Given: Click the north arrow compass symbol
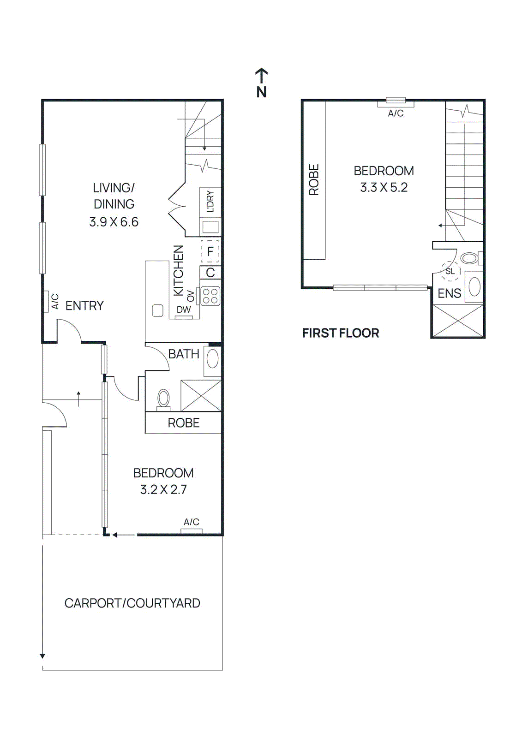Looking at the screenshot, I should pyautogui.click(x=261, y=83).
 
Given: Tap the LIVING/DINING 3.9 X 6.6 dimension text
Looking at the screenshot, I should pyautogui.click(x=114, y=222).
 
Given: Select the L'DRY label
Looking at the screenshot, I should pyautogui.click(x=210, y=202).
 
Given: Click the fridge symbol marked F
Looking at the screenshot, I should pyautogui.click(x=210, y=251).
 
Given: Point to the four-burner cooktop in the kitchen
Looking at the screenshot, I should pyautogui.click(x=210, y=296).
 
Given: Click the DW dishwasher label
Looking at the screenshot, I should pyautogui.click(x=184, y=309).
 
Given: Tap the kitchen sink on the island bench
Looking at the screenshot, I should pyautogui.click(x=158, y=310).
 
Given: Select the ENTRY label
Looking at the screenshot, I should pyautogui.click(x=84, y=305).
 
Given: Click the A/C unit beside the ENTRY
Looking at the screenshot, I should pyautogui.click(x=46, y=301).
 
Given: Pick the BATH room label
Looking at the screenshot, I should pyautogui.click(x=183, y=354).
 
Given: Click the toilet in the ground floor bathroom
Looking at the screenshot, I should pyautogui.click(x=163, y=399).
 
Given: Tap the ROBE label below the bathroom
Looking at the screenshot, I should pyautogui.click(x=183, y=423).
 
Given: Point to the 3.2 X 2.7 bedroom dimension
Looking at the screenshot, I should pyautogui.click(x=163, y=489).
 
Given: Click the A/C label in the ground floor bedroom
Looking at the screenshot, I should pyautogui.click(x=191, y=522).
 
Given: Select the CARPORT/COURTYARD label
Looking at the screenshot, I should pyautogui.click(x=132, y=603).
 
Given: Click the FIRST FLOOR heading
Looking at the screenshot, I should pyautogui.click(x=341, y=333).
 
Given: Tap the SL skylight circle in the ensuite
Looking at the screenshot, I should pyautogui.click(x=450, y=271).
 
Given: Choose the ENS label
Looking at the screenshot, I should pyautogui.click(x=449, y=293).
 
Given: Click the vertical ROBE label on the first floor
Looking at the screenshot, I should pyautogui.click(x=314, y=180).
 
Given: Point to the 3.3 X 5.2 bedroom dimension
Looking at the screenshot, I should pyautogui.click(x=384, y=187).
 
